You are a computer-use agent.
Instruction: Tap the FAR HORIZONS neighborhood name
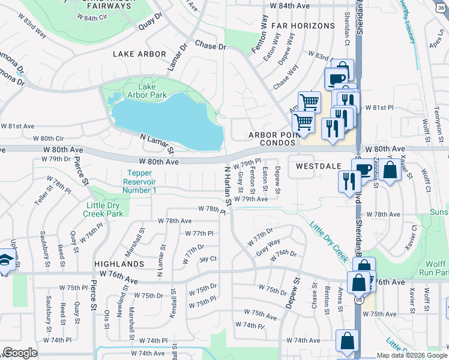point(303,26)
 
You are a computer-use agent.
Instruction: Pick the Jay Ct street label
point(208,259)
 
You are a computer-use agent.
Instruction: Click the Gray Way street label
point(268,247)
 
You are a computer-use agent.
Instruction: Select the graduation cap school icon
point(6,260)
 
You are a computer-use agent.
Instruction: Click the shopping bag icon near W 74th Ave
point(347,341)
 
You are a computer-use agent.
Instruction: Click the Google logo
point(20,353)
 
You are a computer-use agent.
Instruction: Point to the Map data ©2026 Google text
point(411,355)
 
